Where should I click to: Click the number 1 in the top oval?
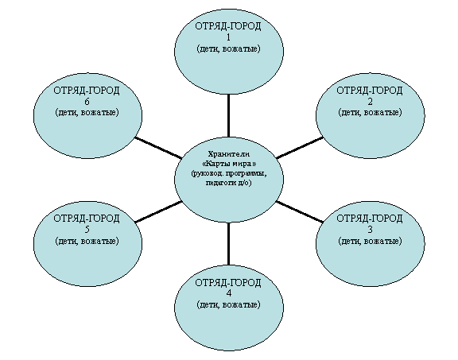[228, 37]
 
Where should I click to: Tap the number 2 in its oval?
[370, 102]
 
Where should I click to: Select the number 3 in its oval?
[370, 230]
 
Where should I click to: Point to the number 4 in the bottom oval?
[228, 293]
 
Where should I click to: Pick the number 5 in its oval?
[87, 230]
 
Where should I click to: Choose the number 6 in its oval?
[87, 102]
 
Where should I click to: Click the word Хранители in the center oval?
[229, 154]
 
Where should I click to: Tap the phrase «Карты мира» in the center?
[229, 164]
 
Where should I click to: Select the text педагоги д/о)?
[229, 183]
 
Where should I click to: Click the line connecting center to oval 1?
[228, 115]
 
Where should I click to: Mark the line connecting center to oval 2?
[300, 148]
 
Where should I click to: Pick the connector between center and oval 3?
[300, 211]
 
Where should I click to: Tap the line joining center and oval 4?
[228, 244]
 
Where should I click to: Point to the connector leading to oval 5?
[158, 212]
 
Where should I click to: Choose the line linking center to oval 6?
[158, 148]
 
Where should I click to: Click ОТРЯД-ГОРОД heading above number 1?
[228, 26]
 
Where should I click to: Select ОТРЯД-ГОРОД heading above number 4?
[228, 283]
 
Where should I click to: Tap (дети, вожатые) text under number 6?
[87, 112]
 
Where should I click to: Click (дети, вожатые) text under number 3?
[370, 241]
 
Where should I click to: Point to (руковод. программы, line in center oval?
[229, 173]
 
